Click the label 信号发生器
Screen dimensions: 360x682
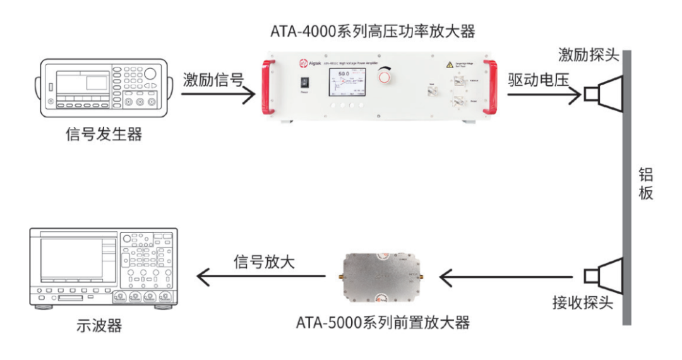tap(104, 135)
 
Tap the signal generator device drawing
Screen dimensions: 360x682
tap(104, 88)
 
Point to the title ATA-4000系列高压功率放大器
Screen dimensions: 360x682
tap(372, 30)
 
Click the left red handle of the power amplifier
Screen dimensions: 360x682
tap(268, 87)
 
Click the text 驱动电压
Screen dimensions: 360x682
tap(537, 80)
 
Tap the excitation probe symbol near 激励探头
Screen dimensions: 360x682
tap(603, 95)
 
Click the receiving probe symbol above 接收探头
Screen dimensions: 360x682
tap(603, 276)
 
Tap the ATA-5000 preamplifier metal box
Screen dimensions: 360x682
tap(383, 276)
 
